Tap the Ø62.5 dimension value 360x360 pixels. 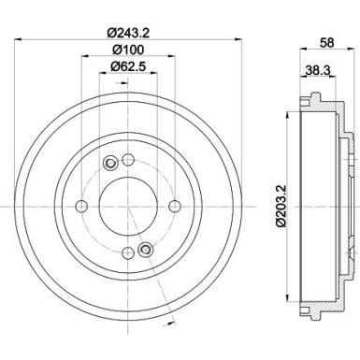pos(128,65)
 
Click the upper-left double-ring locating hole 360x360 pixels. pos(109,164)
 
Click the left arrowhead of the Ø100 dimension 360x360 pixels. pos(83,57)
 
